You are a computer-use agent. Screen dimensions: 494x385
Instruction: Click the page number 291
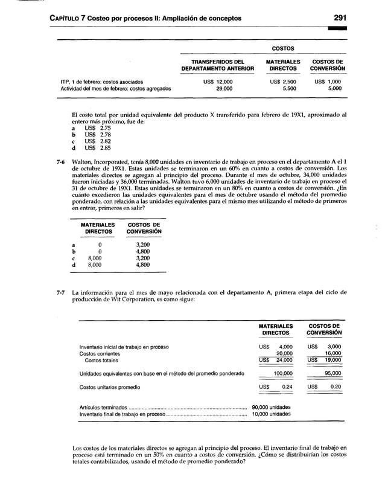pos(346,18)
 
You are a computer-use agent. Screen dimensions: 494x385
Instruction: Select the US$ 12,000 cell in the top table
pos(217,81)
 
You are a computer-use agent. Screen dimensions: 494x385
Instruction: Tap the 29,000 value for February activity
pos(224,88)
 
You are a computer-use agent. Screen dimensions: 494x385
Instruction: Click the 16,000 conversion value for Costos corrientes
pos(332,353)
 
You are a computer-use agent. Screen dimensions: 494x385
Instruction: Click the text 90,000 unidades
pos(271,407)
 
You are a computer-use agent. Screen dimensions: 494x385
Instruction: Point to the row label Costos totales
pos(101,360)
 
